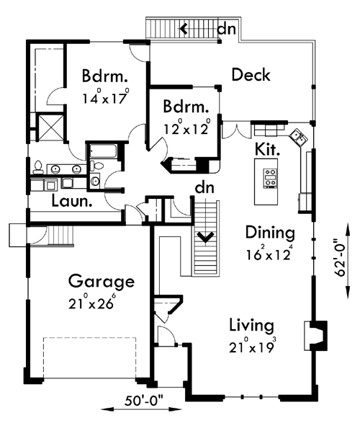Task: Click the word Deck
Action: coord(251,74)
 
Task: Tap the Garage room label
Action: coord(101,280)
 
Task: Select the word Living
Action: coord(251,326)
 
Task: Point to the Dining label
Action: coord(270,233)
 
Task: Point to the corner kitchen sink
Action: coord(298,135)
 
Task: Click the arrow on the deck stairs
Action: coord(185,30)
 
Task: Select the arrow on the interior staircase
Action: coord(205,235)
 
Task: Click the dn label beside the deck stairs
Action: coord(226,30)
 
